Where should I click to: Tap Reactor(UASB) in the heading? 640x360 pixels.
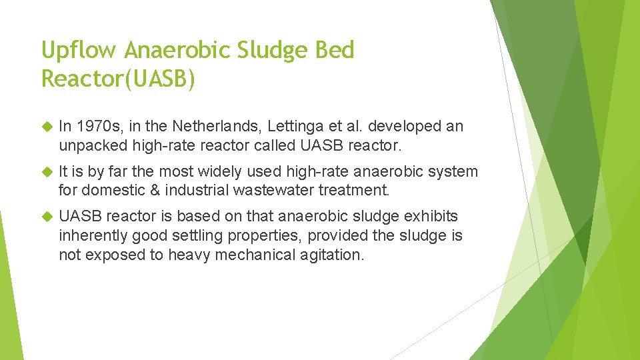(119, 79)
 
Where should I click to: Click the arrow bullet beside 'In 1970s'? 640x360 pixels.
(47, 127)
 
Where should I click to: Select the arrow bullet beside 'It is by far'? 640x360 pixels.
(47, 172)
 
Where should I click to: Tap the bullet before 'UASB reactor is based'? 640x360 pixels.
(47, 217)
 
